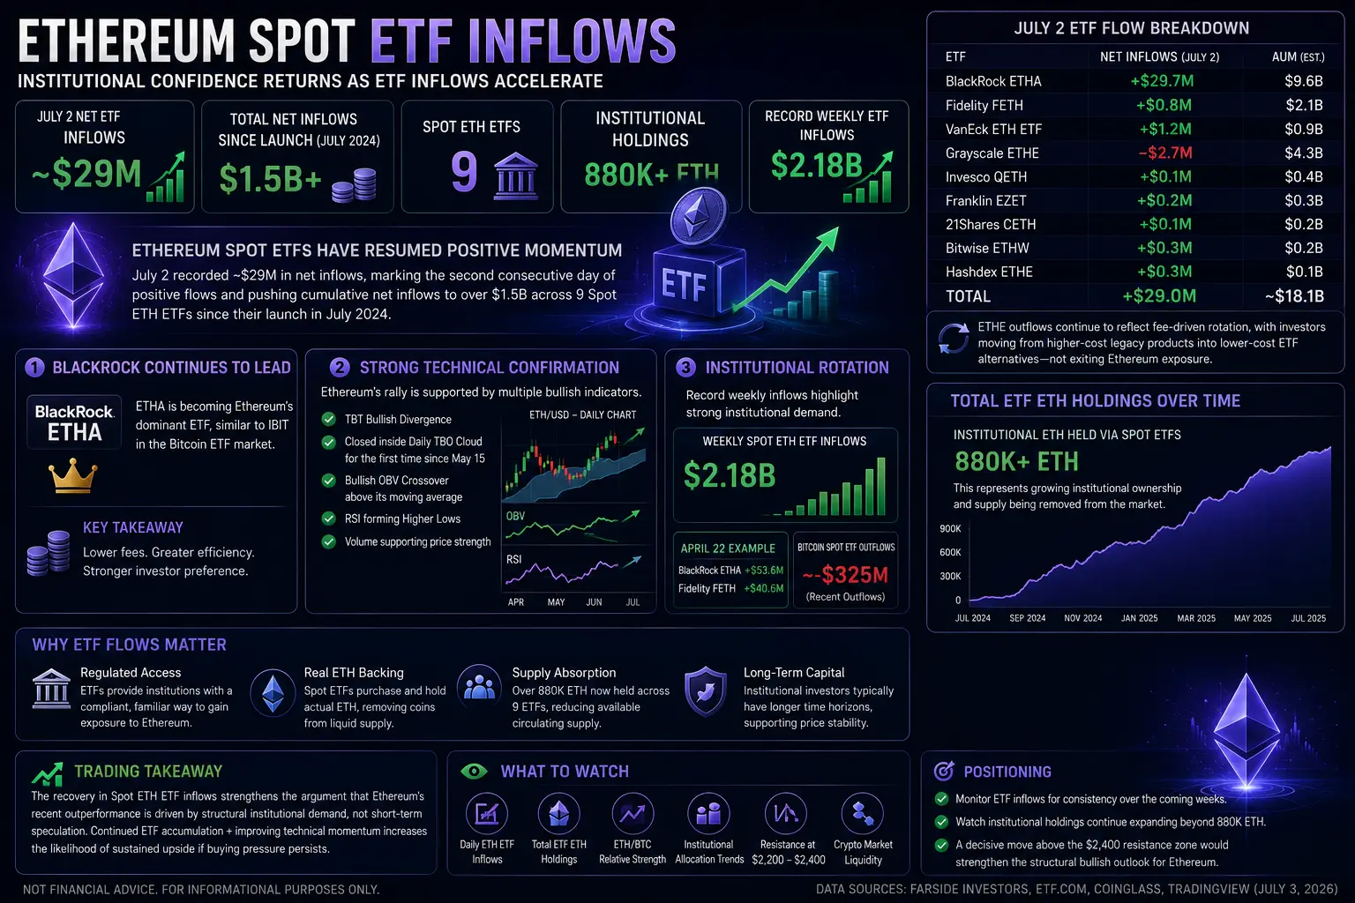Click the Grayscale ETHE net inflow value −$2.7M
point(1165,153)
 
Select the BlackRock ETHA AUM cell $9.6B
point(1304,81)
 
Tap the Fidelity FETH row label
point(984,105)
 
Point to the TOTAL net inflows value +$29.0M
point(1159,295)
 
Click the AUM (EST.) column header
point(1299,56)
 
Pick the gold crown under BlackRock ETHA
point(72,475)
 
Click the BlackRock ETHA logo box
point(74,422)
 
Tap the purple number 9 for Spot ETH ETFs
point(464,172)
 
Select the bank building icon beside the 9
point(515,176)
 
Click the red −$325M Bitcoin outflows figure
point(845,574)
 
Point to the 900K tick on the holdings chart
point(950,528)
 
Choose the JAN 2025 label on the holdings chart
point(1139,618)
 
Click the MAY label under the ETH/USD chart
point(556,602)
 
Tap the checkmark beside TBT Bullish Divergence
point(328,419)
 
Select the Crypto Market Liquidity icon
point(863,813)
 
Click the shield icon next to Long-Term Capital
point(706,691)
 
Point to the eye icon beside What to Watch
point(474,771)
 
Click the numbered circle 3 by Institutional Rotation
point(685,367)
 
